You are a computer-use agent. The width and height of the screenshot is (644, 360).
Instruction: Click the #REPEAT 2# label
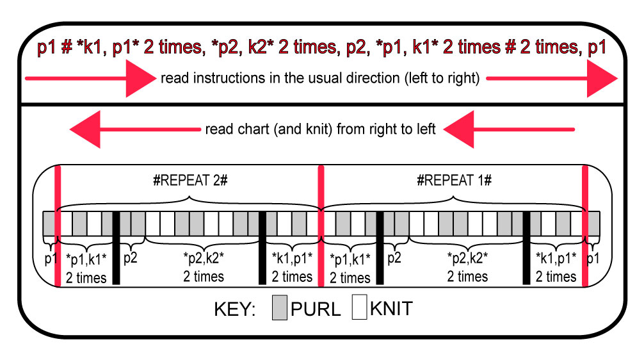click(189, 181)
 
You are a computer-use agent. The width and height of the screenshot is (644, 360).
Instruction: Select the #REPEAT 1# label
click(453, 181)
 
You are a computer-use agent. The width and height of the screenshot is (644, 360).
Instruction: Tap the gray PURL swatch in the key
click(279, 308)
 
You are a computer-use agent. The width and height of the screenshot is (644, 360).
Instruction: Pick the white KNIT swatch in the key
click(360, 308)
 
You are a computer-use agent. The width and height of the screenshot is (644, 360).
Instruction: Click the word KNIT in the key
click(391, 309)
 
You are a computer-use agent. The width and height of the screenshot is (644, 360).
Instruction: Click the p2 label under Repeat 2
click(131, 258)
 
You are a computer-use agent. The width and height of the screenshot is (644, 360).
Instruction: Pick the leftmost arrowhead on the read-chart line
click(86, 130)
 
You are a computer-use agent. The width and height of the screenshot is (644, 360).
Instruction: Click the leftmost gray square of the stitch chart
click(49, 223)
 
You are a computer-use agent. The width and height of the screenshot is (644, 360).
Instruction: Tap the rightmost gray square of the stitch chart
click(593, 223)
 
